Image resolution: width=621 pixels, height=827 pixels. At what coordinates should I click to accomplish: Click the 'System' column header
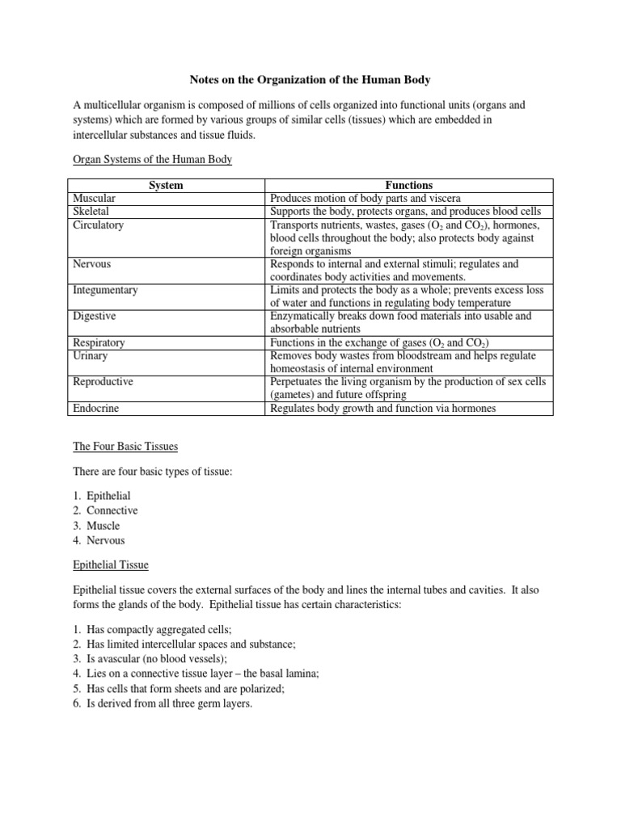click(x=166, y=185)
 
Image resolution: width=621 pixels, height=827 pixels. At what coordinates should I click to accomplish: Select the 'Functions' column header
click(x=409, y=185)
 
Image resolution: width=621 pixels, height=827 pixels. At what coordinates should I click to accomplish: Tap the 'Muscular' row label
click(x=95, y=198)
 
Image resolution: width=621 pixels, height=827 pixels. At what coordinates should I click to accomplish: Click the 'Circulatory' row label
click(x=98, y=225)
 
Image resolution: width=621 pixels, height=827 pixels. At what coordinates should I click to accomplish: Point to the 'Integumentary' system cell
click(x=105, y=290)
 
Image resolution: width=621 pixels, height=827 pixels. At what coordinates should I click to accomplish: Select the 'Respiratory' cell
click(x=99, y=342)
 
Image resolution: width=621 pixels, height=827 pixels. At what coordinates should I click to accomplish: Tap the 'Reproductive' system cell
click(x=103, y=381)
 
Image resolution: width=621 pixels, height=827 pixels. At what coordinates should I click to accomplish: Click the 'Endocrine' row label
click(x=95, y=409)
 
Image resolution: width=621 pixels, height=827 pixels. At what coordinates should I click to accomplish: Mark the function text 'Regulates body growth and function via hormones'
click(x=383, y=409)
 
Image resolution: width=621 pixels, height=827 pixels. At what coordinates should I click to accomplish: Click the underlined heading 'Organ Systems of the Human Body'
click(x=152, y=160)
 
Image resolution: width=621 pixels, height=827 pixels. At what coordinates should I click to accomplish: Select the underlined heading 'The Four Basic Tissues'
click(x=125, y=446)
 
